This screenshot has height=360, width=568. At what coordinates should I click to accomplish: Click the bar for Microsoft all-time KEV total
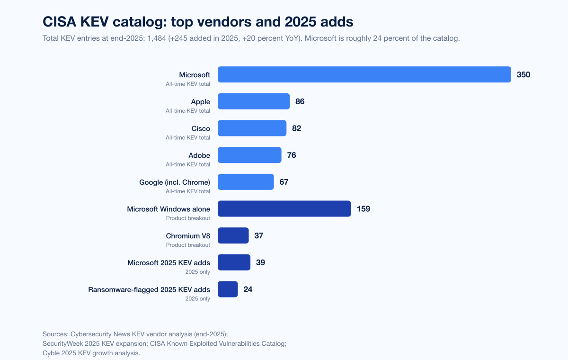(x=364, y=74)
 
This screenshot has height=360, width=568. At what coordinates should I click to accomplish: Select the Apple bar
(x=253, y=101)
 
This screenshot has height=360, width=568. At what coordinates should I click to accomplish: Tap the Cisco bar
(x=252, y=128)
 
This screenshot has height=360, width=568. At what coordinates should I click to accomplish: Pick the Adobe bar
(x=249, y=155)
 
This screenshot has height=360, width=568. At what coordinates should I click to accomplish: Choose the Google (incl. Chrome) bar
(x=246, y=182)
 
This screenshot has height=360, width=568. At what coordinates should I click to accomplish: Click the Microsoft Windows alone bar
(x=284, y=209)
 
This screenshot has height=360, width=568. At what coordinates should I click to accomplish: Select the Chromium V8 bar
(x=233, y=235)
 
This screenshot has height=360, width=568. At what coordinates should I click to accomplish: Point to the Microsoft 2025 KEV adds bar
(x=234, y=262)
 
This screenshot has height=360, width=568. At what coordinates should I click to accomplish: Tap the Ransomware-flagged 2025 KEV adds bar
(x=228, y=289)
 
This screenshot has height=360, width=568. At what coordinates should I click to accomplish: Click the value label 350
(x=524, y=74)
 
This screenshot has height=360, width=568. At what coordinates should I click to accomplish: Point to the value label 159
(x=364, y=209)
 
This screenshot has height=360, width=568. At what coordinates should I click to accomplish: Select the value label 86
(x=300, y=101)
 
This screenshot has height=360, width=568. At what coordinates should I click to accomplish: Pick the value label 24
(x=248, y=289)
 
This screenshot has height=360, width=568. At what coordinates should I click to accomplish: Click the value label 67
(x=284, y=182)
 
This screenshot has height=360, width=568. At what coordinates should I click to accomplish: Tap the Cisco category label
(x=201, y=128)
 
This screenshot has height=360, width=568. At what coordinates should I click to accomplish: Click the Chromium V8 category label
(x=188, y=236)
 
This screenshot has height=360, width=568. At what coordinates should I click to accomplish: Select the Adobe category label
(x=199, y=155)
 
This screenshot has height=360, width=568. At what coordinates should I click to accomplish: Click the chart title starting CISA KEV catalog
(x=198, y=22)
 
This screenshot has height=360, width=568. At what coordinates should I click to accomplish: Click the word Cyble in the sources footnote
(x=52, y=353)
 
